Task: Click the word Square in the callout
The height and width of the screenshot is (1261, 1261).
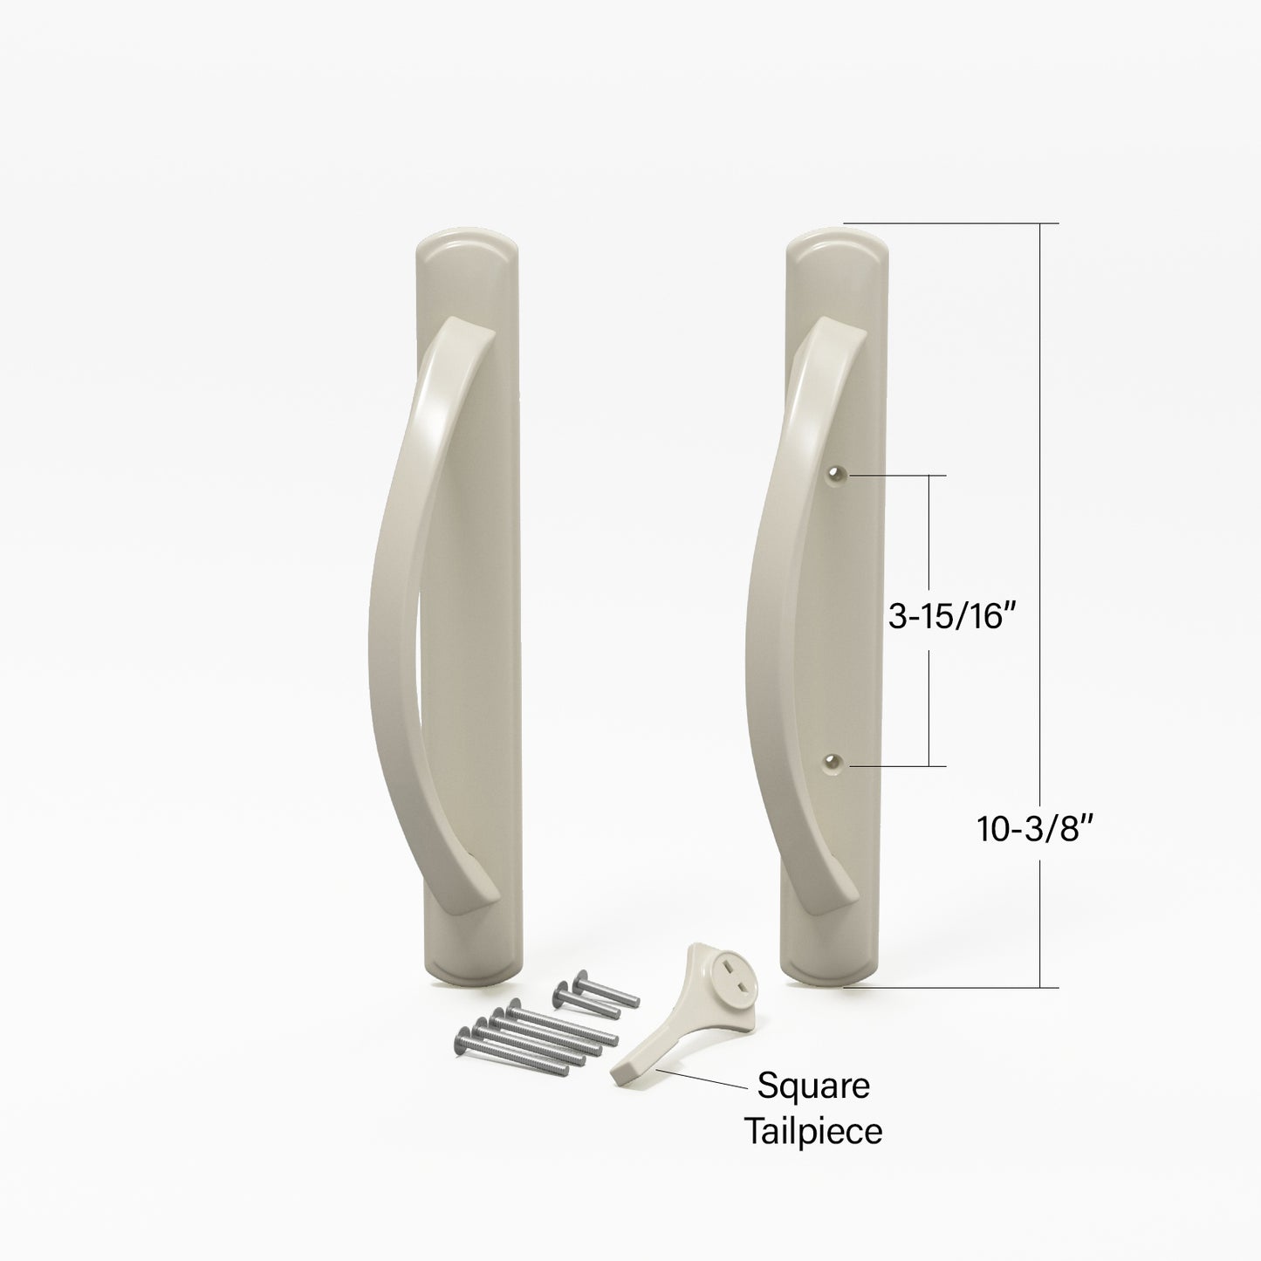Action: tap(812, 1087)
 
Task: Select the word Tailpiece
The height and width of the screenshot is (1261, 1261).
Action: tap(812, 1132)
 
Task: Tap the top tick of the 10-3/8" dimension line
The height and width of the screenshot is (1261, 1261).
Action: tap(1039, 225)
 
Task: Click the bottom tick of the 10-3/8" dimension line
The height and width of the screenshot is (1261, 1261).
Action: tap(1039, 986)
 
